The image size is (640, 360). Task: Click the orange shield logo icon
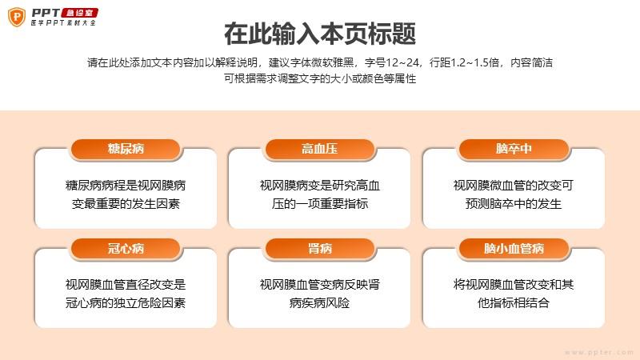click(x=17, y=17)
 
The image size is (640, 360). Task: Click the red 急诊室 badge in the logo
click(x=79, y=13)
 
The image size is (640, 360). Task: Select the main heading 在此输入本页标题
click(x=320, y=34)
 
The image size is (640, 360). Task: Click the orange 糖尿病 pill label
click(x=126, y=149)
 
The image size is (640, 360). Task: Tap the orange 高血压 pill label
click(x=319, y=149)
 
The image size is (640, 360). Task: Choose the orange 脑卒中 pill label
click(x=514, y=149)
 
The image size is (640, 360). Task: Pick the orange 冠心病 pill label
click(x=126, y=249)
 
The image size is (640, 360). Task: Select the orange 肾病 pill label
click(x=319, y=249)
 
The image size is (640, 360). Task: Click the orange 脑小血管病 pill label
click(x=514, y=249)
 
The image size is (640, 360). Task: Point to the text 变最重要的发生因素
click(x=126, y=204)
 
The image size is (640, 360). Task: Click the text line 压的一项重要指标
click(x=320, y=204)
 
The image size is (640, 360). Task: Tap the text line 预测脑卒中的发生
click(x=514, y=204)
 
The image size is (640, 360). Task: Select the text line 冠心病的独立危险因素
click(x=126, y=303)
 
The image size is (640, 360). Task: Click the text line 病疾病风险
click(x=319, y=303)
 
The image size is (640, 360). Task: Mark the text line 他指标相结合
click(x=514, y=303)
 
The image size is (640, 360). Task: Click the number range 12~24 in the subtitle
click(x=402, y=63)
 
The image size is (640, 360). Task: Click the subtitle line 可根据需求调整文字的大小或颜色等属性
click(x=320, y=78)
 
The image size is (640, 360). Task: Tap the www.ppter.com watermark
click(x=599, y=352)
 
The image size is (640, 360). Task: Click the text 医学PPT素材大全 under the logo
click(x=63, y=23)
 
